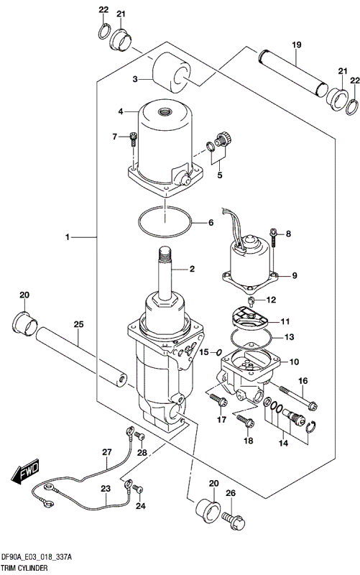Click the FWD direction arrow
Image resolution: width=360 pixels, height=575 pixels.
(25, 471)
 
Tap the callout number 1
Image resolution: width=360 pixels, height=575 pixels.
(67, 238)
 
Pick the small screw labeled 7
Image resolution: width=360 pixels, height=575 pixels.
(133, 139)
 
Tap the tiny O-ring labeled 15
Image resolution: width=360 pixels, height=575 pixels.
(218, 352)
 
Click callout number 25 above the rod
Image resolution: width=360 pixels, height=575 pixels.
(78, 324)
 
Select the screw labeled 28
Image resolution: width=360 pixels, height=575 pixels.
(140, 436)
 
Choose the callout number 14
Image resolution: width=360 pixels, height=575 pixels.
(283, 443)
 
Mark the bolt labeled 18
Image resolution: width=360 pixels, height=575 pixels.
(245, 420)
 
